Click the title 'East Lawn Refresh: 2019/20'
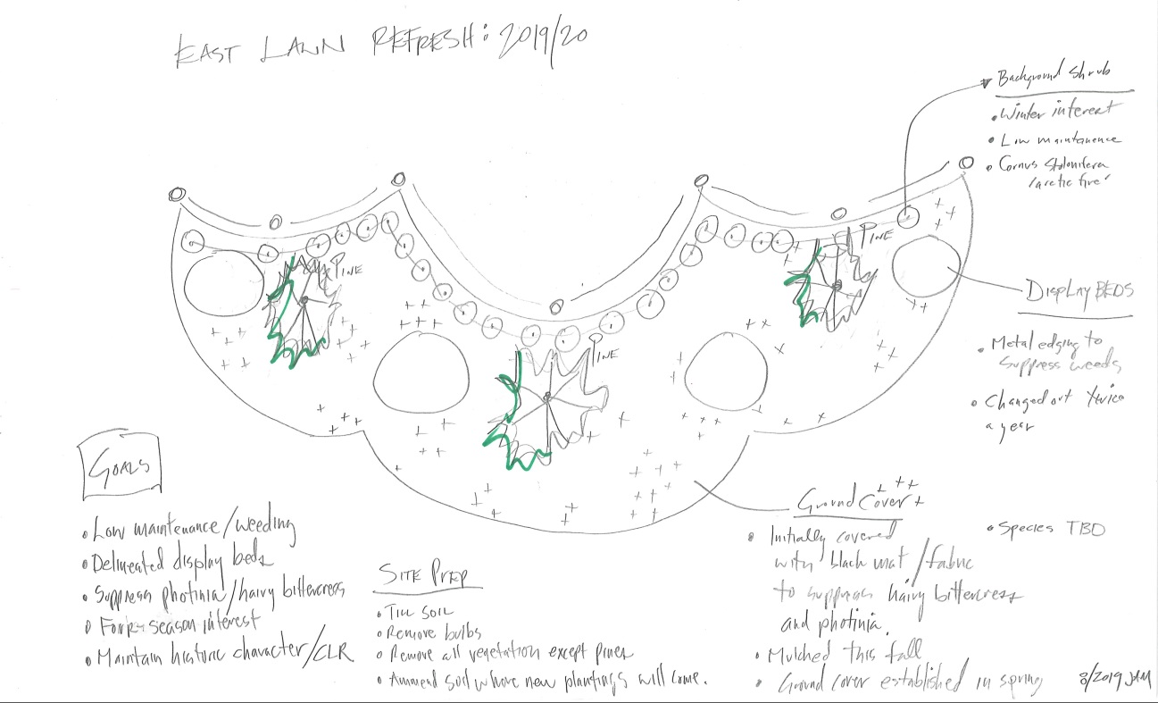[x=379, y=45]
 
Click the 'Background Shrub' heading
[x=1054, y=79]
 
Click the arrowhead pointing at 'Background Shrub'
[x=986, y=85]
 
